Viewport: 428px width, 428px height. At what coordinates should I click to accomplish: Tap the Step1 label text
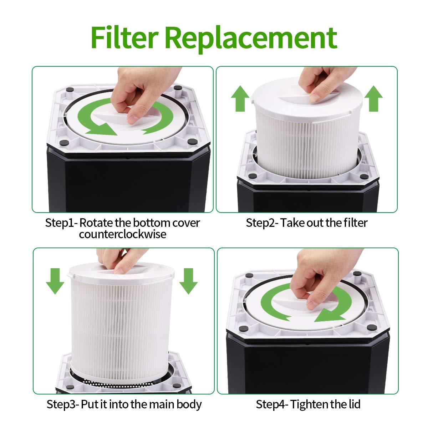click(x=59, y=223)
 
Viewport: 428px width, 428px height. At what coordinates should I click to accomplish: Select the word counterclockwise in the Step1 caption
click(x=122, y=234)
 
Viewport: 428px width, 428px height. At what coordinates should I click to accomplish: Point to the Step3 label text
click(x=62, y=404)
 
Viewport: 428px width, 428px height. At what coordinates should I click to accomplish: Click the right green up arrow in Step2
click(x=373, y=98)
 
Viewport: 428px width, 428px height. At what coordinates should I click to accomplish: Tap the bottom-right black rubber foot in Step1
click(x=189, y=142)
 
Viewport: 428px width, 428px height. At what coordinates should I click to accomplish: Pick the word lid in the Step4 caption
click(x=353, y=404)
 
